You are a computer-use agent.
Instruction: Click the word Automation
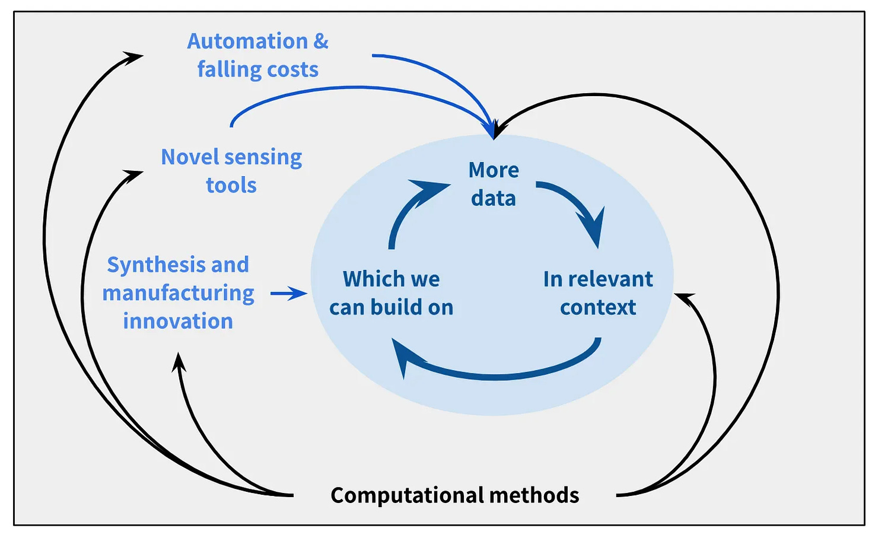point(247,42)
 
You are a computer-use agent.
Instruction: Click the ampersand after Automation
point(320,42)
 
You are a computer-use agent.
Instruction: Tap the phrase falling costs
point(258,69)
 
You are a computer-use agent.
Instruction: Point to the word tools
point(231,185)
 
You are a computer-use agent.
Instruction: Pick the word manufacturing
point(178,293)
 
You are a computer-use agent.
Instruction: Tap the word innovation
point(178,321)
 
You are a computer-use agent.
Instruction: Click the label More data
point(494,184)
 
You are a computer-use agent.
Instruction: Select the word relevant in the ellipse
point(610,279)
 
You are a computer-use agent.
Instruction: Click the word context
point(598,307)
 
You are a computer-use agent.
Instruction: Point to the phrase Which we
point(391,279)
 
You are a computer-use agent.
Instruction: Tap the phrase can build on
point(391,307)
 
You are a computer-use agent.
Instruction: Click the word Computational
point(408,496)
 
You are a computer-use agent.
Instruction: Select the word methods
point(534,495)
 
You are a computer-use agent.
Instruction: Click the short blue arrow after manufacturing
point(288,294)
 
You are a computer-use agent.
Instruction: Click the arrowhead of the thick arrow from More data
point(593,227)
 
